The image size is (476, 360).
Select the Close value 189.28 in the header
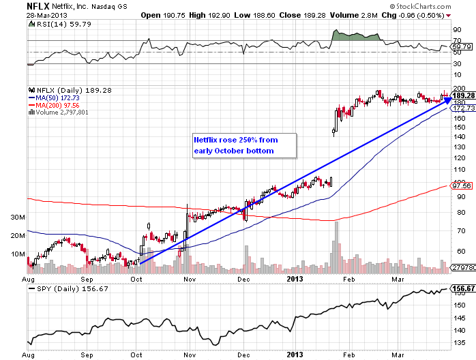click(x=304, y=14)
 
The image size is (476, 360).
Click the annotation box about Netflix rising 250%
click(x=243, y=145)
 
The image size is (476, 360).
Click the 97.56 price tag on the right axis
click(x=462, y=185)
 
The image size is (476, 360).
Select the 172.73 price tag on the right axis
click(x=463, y=108)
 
